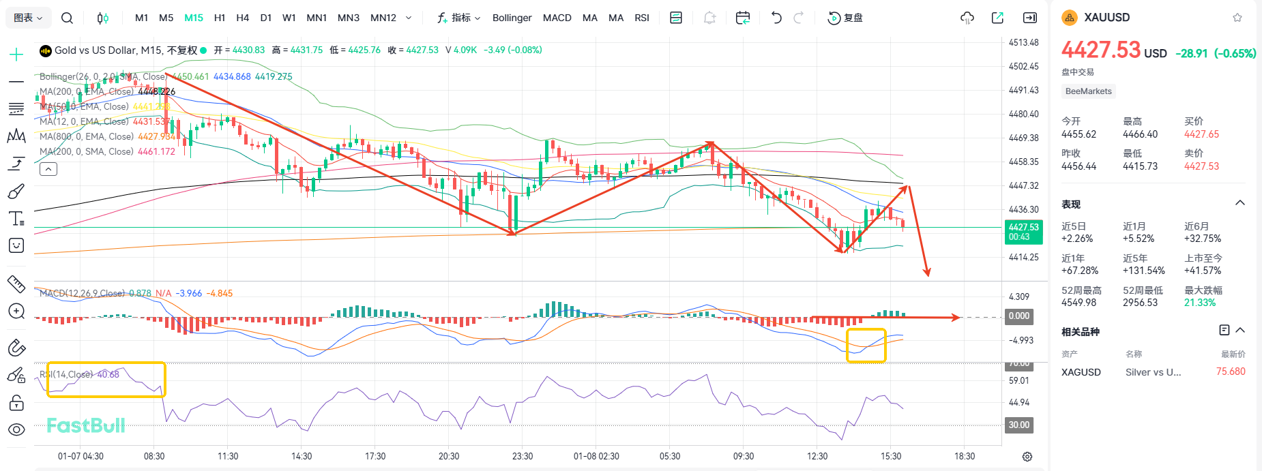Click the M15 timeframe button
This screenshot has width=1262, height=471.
(x=194, y=18)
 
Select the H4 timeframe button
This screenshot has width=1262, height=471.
(x=242, y=18)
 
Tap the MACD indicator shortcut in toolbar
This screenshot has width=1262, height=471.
(x=557, y=18)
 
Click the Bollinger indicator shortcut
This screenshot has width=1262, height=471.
(x=512, y=18)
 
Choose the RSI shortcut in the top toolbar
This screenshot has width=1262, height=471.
(x=641, y=18)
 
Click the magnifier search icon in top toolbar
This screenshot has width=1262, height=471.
(x=67, y=18)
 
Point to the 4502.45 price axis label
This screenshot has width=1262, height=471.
(x=1023, y=66)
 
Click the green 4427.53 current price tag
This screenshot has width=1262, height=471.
(x=1023, y=232)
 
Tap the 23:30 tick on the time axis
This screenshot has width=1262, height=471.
(x=523, y=456)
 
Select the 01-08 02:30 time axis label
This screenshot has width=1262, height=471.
(x=596, y=456)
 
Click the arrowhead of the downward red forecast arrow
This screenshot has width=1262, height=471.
(x=927, y=273)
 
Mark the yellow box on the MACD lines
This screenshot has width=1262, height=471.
(x=866, y=346)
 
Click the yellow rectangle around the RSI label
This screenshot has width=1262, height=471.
(x=106, y=380)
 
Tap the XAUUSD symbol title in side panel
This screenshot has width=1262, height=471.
(x=1106, y=18)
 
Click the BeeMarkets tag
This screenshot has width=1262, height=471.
(x=1088, y=91)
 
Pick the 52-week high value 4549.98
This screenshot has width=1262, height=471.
(x=1078, y=303)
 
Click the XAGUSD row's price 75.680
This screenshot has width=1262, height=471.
(x=1230, y=371)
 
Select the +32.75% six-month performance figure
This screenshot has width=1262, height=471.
(x=1202, y=239)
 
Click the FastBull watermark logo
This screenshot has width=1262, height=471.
(x=86, y=426)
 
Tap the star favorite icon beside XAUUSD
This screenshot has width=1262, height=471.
(x=1237, y=18)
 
